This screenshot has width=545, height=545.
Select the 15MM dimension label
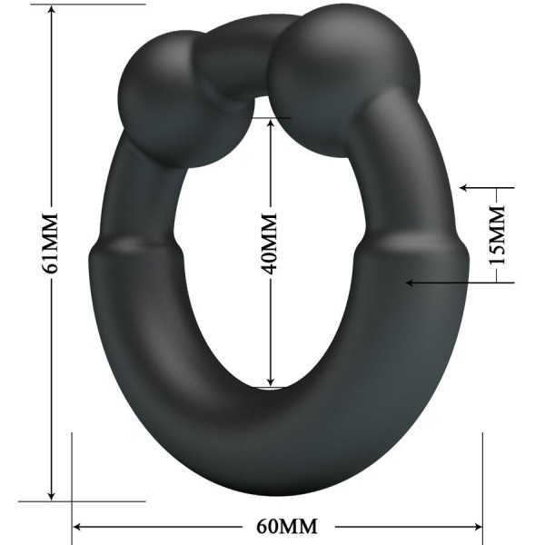(x=496, y=235)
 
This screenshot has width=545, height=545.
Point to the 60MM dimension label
(x=277, y=526)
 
